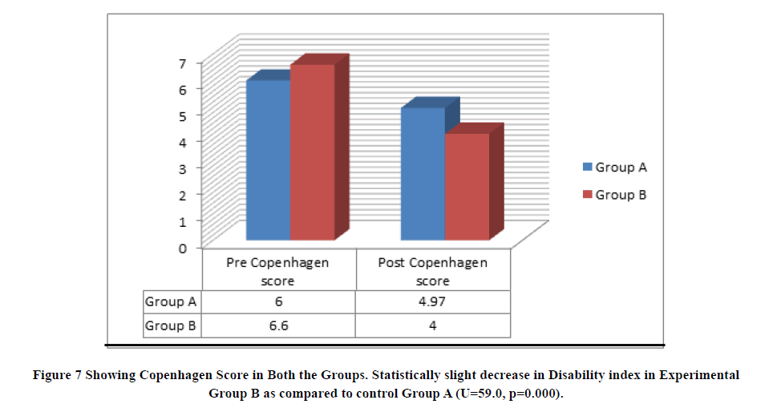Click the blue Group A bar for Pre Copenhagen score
[x=268, y=160]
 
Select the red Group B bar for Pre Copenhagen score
[x=312, y=152]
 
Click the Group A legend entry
[x=615, y=168]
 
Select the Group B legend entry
[x=615, y=195]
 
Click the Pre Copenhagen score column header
[x=279, y=271]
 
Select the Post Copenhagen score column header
[x=433, y=271]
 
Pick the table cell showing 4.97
[x=433, y=302]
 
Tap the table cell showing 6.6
[x=279, y=326]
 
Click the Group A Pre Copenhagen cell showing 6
[x=279, y=302]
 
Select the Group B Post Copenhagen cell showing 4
[x=433, y=326]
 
